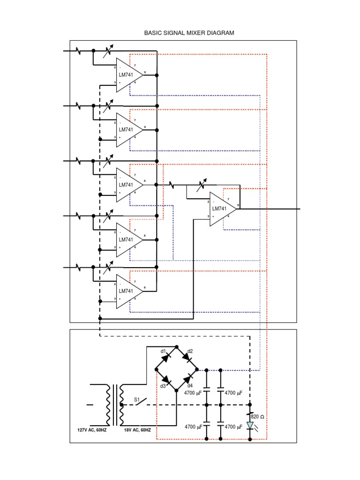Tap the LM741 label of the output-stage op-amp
coord(219,209)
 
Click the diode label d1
coord(163,351)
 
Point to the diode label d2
coord(190,351)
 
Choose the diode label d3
coord(163,386)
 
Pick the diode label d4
coord(190,386)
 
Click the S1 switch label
coord(137,399)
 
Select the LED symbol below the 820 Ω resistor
coord(250,426)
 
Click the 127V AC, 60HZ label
coord(92,430)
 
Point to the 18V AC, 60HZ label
coord(137,430)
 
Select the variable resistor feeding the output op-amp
coord(202,186)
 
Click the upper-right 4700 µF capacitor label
coord(234,392)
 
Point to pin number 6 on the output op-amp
coord(239,205)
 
